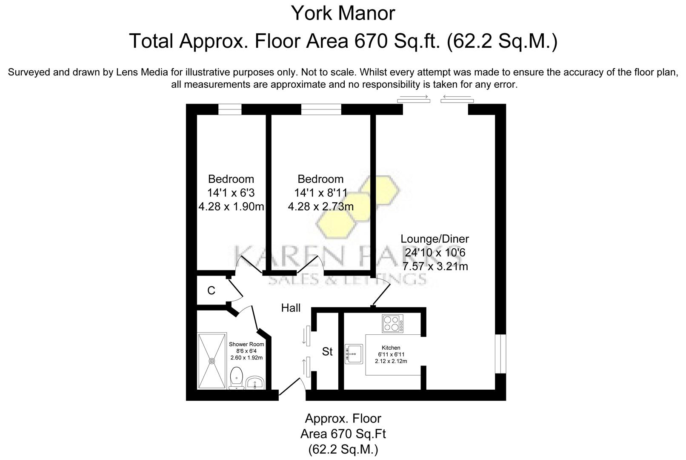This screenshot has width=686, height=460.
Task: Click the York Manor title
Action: pyautogui.click(x=343, y=14)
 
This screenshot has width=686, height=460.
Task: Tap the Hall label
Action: pyautogui.click(x=291, y=308)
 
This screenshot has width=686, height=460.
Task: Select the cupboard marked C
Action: pyautogui.click(x=211, y=290)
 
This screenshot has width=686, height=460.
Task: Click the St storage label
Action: pyautogui.click(x=327, y=351)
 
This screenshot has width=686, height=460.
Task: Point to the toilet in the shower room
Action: pyautogui.click(x=236, y=378)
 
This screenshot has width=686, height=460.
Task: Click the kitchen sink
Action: pyautogui.click(x=353, y=354)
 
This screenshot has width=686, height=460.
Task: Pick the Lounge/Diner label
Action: pyautogui.click(x=437, y=239)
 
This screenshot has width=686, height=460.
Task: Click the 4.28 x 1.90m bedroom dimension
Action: pyautogui.click(x=231, y=207)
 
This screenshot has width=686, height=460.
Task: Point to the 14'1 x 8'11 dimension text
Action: pyautogui.click(x=320, y=193)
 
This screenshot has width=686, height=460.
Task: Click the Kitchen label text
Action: pyautogui.click(x=391, y=348)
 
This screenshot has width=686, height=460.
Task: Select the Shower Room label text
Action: pyautogui.click(x=246, y=344)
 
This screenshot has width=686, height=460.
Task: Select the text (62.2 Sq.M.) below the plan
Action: pyautogui.click(x=343, y=449)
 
